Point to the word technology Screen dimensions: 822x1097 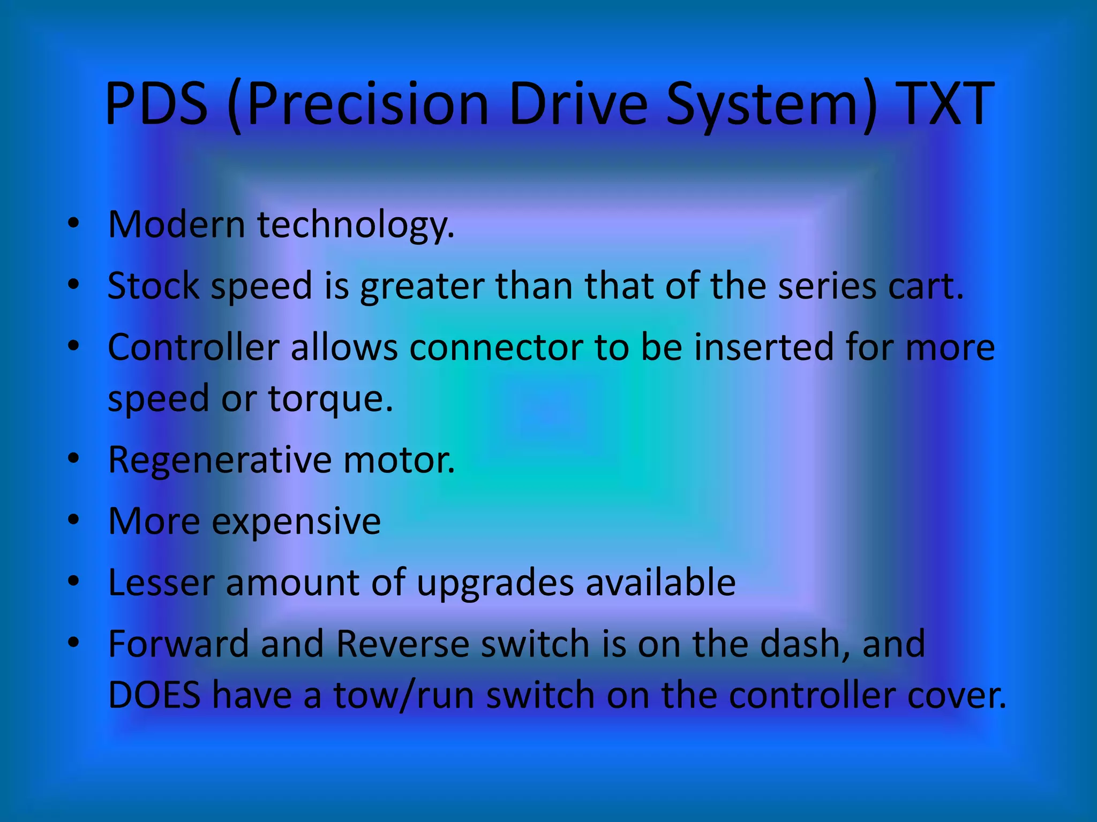(356, 225)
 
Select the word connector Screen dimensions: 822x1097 (496, 347)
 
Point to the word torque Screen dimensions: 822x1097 (330, 399)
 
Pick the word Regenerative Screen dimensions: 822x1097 (220, 460)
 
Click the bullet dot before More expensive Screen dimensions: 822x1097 (74, 519)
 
